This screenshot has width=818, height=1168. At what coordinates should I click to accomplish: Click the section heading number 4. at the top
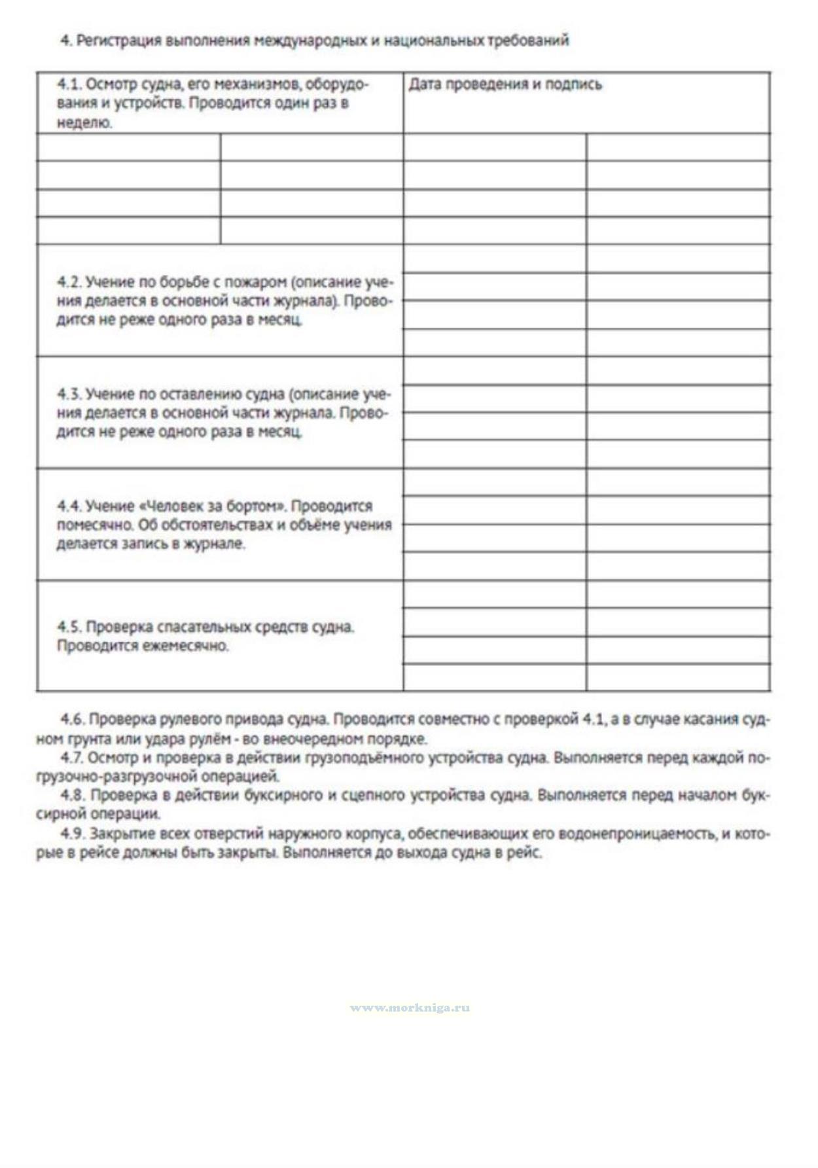[65, 41]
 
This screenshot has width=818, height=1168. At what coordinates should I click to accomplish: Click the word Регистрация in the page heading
[118, 41]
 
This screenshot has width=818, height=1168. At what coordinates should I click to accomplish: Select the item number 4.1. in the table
[69, 84]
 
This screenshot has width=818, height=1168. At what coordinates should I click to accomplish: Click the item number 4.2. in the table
[69, 283]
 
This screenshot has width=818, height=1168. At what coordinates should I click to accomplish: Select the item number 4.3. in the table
[69, 395]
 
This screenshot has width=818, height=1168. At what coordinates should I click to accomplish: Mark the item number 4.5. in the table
[69, 627]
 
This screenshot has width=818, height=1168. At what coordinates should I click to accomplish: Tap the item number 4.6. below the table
[72, 720]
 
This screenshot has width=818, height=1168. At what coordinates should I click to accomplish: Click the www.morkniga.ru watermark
[410, 1008]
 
